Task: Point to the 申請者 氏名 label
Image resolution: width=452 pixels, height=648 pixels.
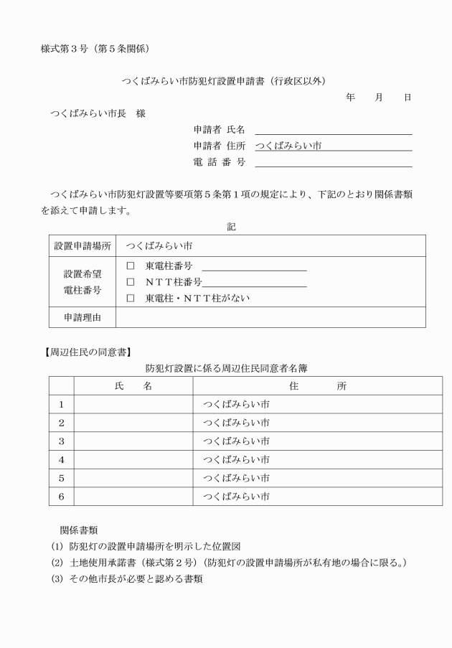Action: (220, 129)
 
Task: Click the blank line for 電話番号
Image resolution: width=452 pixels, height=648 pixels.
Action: (333, 162)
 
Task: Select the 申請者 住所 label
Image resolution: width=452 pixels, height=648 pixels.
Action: (220, 146)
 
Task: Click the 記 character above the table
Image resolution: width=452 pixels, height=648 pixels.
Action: (231, 226)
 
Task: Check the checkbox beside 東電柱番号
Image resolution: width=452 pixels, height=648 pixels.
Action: (131, 266)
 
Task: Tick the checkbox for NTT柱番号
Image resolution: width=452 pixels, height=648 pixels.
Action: (131, 282)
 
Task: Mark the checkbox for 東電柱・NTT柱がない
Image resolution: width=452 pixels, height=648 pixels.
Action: (131, 298)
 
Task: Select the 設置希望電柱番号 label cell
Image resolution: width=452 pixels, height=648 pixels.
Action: (83, 282)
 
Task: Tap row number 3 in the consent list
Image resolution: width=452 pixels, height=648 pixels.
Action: (61, 441)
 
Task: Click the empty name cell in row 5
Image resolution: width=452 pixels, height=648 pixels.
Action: (133, 477)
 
